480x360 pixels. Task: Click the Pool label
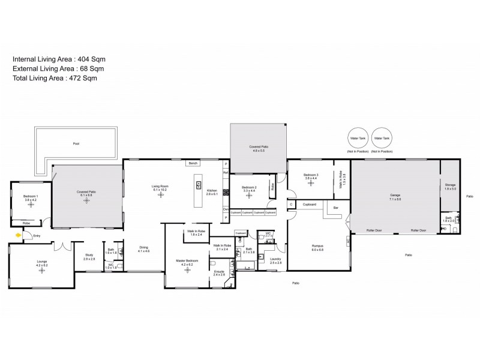click(x=76, y=144)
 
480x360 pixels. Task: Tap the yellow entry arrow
click(x=18, y=236)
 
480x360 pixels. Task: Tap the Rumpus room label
click(x=317, y=245)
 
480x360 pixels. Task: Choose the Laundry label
click(x=276, y=261)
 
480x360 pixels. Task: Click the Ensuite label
click(x=219, y=272)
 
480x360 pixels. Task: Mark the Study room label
click(x=89, y=255)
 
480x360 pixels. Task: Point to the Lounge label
click(x=41, y=262)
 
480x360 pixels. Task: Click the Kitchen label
click(x=212, y=191)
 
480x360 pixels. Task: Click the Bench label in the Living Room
click(x=193, y=163)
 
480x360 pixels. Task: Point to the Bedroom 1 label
click(x=31, y=196)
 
